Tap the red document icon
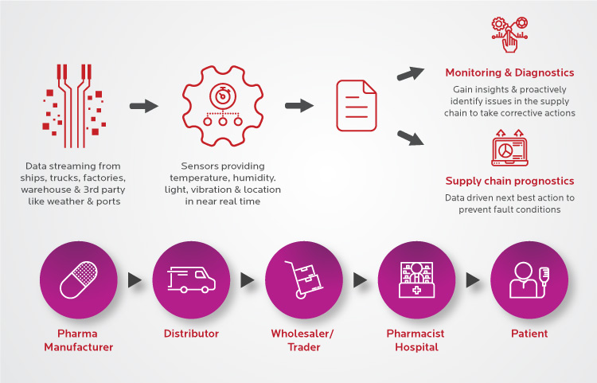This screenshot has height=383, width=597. (x=356, y=105)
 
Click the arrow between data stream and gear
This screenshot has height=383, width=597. (x=144, y=105)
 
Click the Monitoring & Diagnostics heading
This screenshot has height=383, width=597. (x=509, y=73)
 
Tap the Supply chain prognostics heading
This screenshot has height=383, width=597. (x=509, y=181)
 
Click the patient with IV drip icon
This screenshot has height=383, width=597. (x=524, y=279)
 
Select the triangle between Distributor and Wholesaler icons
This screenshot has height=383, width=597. (x=247, y=280)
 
